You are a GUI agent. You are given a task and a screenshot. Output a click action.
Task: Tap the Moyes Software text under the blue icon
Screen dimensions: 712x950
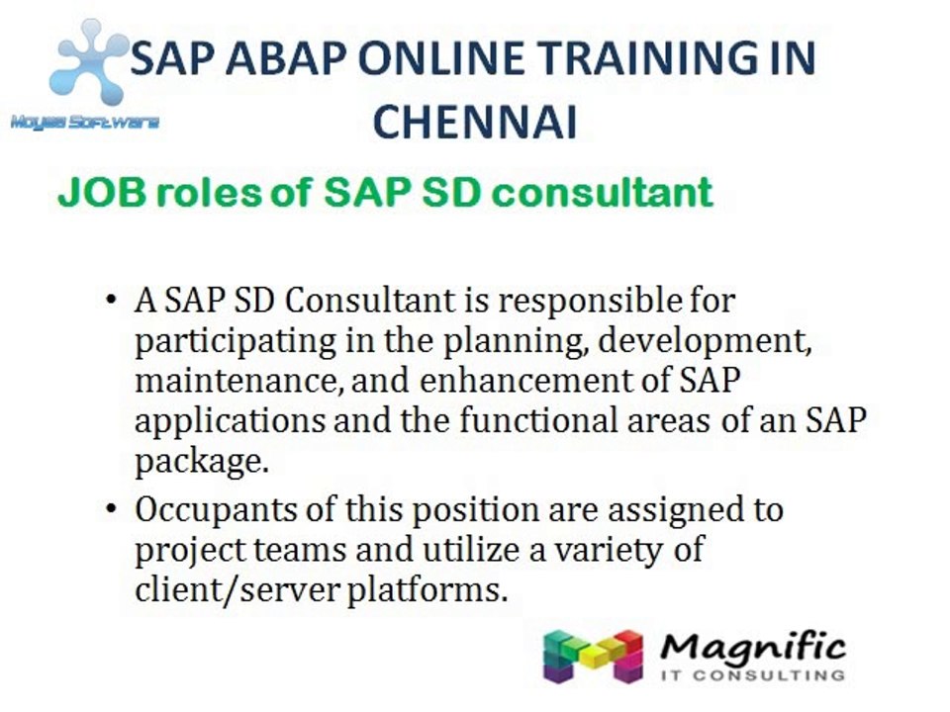[84, 123]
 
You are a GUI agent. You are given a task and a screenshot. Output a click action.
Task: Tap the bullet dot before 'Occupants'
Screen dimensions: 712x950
[111, 511]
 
